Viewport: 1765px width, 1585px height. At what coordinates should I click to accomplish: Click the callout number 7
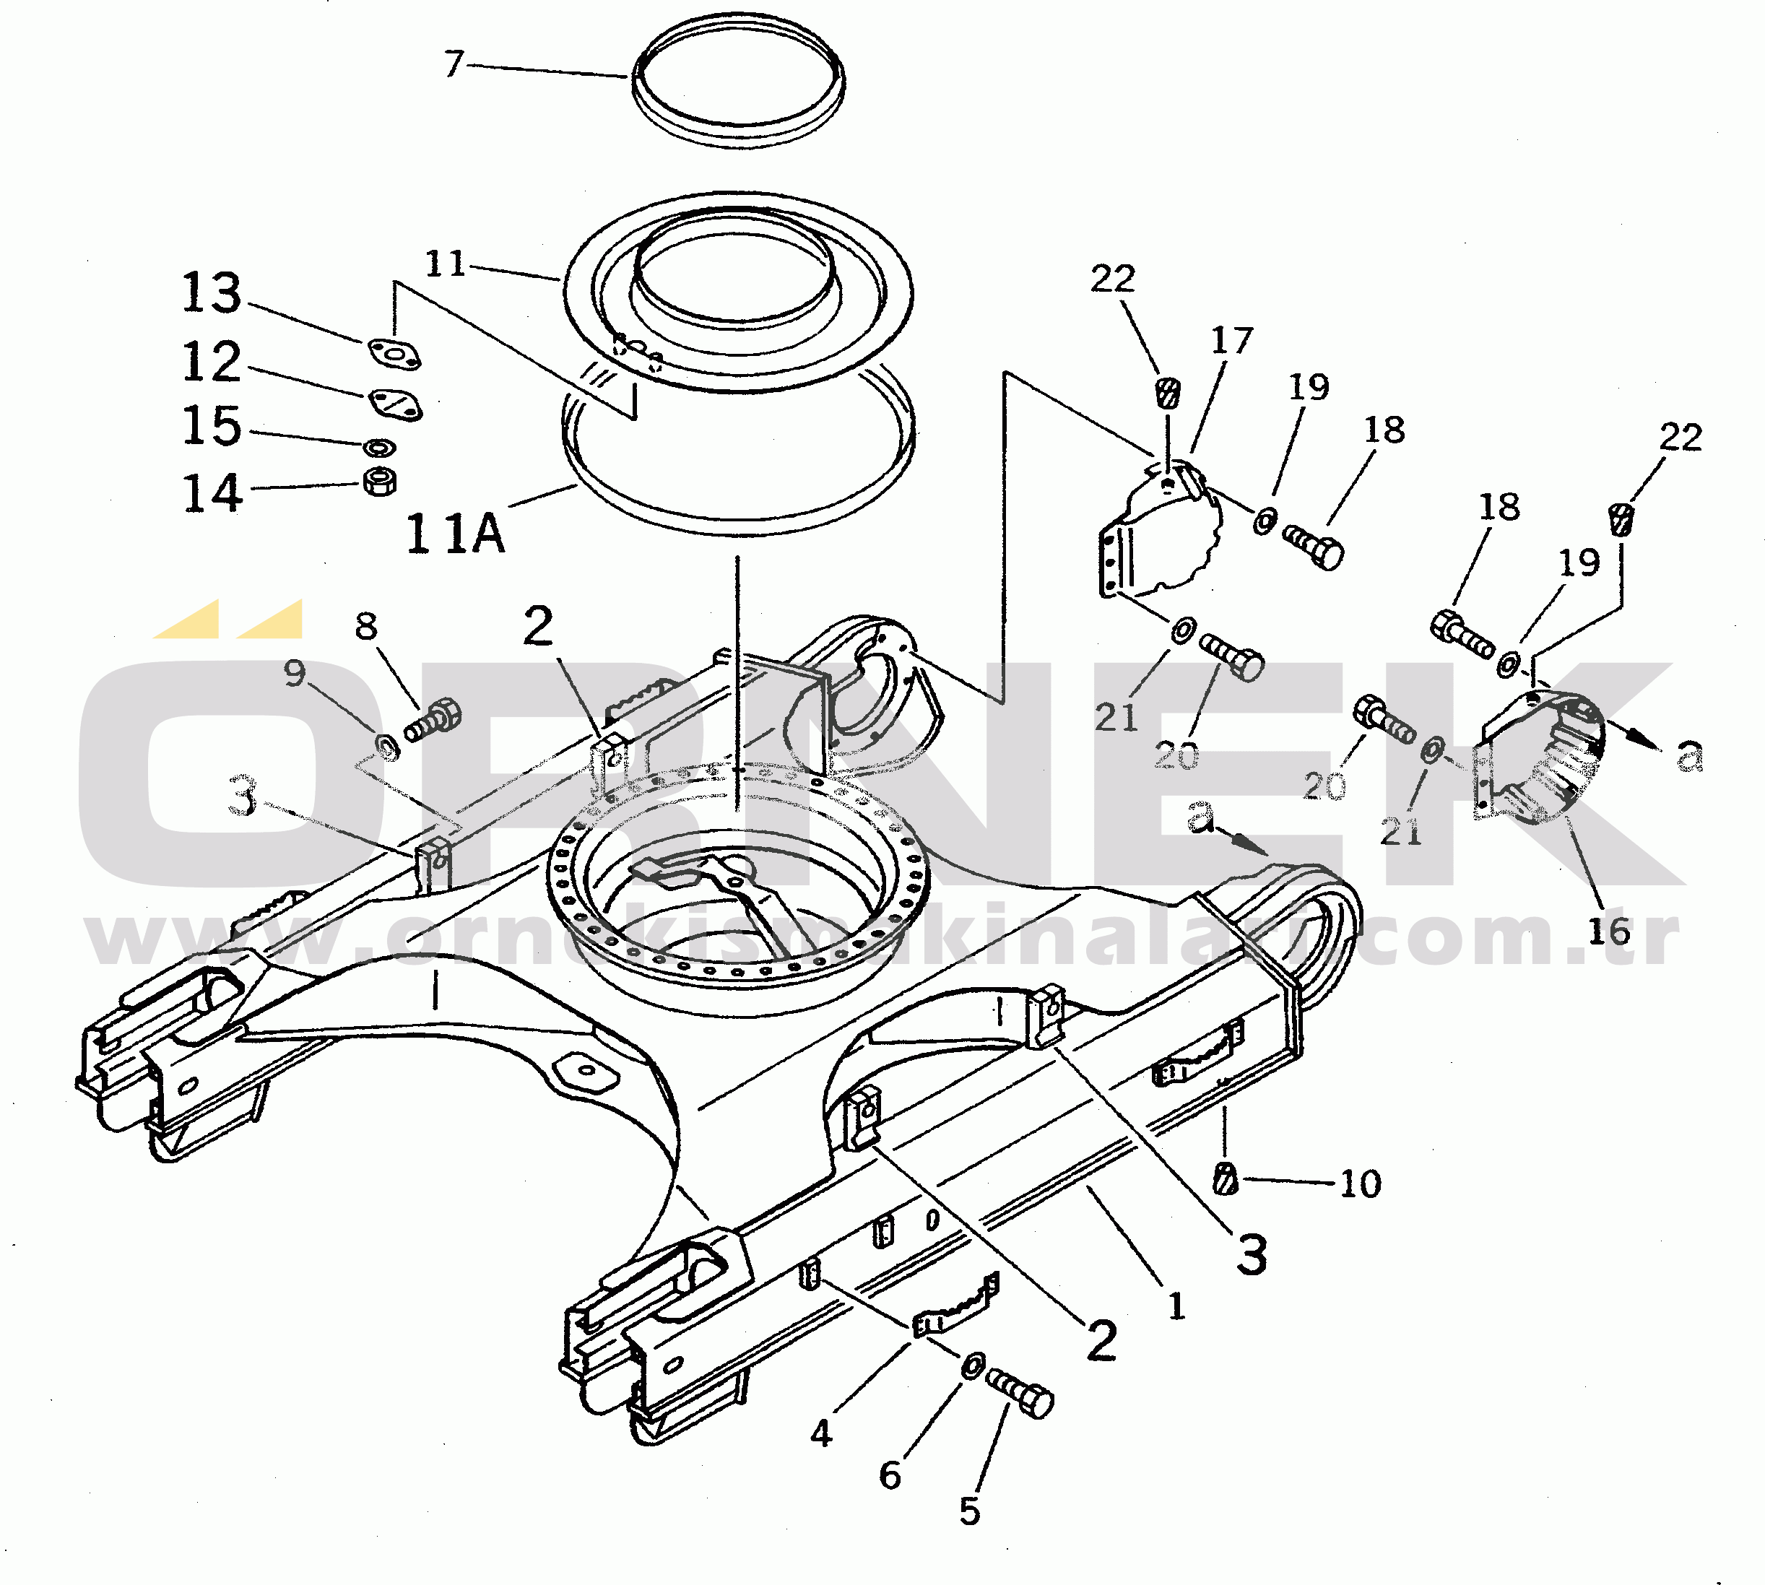454,64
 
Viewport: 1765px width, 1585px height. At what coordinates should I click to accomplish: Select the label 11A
454,533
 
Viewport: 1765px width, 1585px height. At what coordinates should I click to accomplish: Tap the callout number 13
212,292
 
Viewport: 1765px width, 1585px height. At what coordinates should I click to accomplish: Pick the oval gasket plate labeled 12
394,403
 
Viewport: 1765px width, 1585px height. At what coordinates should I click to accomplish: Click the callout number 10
1360,1184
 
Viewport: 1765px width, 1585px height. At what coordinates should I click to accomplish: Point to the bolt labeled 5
1021,1391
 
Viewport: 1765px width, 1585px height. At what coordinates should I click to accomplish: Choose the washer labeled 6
973,1365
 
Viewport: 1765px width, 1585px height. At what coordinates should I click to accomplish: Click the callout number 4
821,1433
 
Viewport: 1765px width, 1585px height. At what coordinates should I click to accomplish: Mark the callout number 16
1608,932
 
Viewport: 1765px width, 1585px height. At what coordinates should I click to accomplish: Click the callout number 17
1231,341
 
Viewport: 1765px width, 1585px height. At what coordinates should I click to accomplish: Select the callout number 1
1176,1306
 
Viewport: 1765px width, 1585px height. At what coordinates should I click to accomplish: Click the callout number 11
445,264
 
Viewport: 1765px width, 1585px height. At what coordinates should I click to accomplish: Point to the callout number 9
295,672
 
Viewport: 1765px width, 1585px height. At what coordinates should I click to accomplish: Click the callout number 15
212,426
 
